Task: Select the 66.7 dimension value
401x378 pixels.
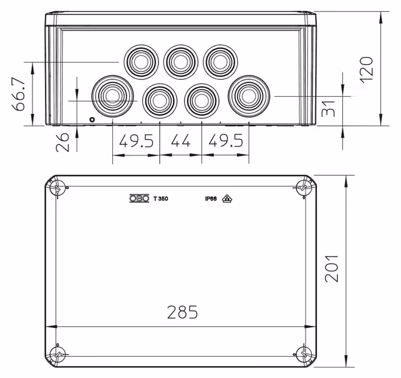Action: click(x=18, y=94)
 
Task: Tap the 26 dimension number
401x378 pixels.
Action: click(x=63, y=142)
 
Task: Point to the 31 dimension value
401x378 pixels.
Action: click(x=328, y=109)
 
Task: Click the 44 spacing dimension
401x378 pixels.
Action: click(x=181, y=140)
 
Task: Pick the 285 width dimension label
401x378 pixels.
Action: click(x=182, y=312)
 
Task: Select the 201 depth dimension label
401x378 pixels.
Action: click(x=332, y=268)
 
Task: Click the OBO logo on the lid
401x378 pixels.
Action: click(x=139, y=198)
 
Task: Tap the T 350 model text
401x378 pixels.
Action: click(x=161, y=199)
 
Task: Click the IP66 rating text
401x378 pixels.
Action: click(x=211, y=199)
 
